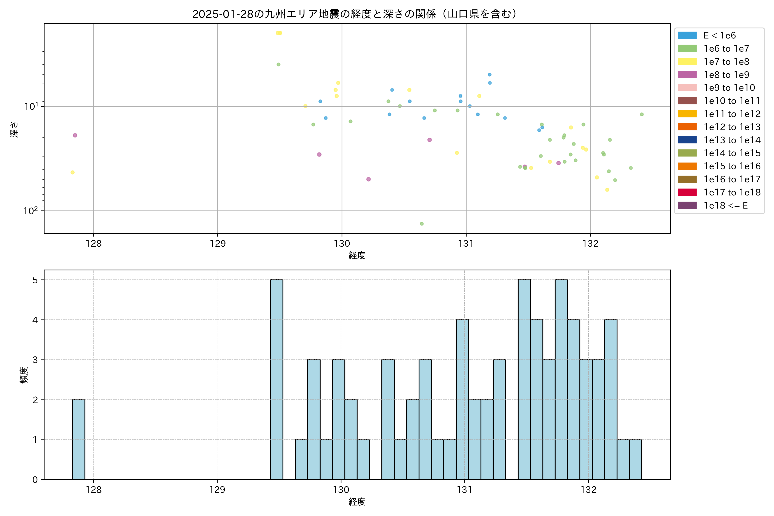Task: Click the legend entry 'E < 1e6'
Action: pyautogui.click(x=719, y=35)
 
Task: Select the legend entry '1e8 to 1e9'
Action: pyautogui.click(x=726, y=75)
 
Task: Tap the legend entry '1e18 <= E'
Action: pyautogui.click(x=725, y=205)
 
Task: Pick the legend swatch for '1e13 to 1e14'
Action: pyautogui.click(x=687, y=140)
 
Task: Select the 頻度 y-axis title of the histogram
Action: pyautogui.click(x=24, y=375)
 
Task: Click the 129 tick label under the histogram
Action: pyautogui.click(x=217, y=490)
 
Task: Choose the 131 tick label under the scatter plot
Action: pyautogui.click(x=466, y=244)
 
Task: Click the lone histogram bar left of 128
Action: pyautogui.click(x=79, y=440)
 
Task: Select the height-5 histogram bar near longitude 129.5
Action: pyautogui.click(x=276, y=379)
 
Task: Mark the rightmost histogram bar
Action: pyautogui.click(x=636, y=459)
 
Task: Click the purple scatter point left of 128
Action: pyautogui.click(x=75, y=135)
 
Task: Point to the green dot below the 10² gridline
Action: pyautogui.click(x=422, y=224)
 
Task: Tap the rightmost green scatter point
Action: pyautogui.click(x=642, y=115)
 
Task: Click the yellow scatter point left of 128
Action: pyautogui.click(x=72, y=172)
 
